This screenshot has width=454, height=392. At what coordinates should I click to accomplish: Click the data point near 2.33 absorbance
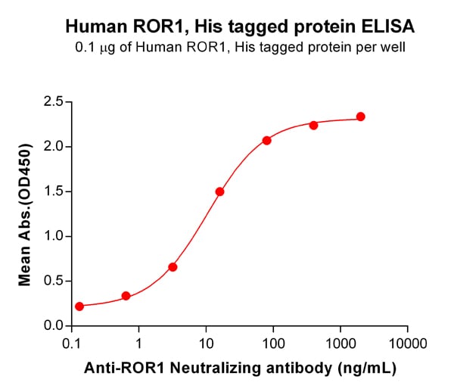pyautogui.click(x=360, y=117)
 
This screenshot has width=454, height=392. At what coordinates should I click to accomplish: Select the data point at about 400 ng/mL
pyautogui.click(x=313, y=125)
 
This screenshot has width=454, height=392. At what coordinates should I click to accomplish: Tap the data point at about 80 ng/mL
pyautogui.click(x=267, y=140)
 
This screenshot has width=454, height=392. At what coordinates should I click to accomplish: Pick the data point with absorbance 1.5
pyautogui.click(x=219, y=191)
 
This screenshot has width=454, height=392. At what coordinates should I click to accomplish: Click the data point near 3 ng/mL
pyautogui.click(x=173, y=266)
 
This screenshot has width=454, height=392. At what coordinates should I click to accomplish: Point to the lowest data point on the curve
pyautogui.click(x=79, y=306)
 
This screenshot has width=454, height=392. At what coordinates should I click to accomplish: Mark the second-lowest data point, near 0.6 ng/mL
pyautogui.click(x=126, y=296)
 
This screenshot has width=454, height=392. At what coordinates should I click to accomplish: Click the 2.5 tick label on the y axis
pyautogui.click(x=54, y=101)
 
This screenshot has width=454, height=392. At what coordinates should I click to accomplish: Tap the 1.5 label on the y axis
pyautogui.click(x=54, y=191)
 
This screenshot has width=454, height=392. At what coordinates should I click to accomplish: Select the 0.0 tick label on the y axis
pyautogui.click(x=54, y=326)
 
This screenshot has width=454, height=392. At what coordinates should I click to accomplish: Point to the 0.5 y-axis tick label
pyautogui.click(x=54, y=282)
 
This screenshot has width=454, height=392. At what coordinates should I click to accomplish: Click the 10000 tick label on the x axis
pyautogui.click(x=407, y=343)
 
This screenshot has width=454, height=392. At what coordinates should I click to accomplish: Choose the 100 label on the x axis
pyautogui.click(x=273, y=343)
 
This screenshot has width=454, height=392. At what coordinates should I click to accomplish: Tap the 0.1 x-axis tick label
pyautogui.click(x=72, y=343)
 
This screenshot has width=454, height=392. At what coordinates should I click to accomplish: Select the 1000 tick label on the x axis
pyautogui.click(x=340, y=343)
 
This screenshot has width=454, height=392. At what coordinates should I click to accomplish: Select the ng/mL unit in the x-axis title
pyautogui.click(x=369, y=369)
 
